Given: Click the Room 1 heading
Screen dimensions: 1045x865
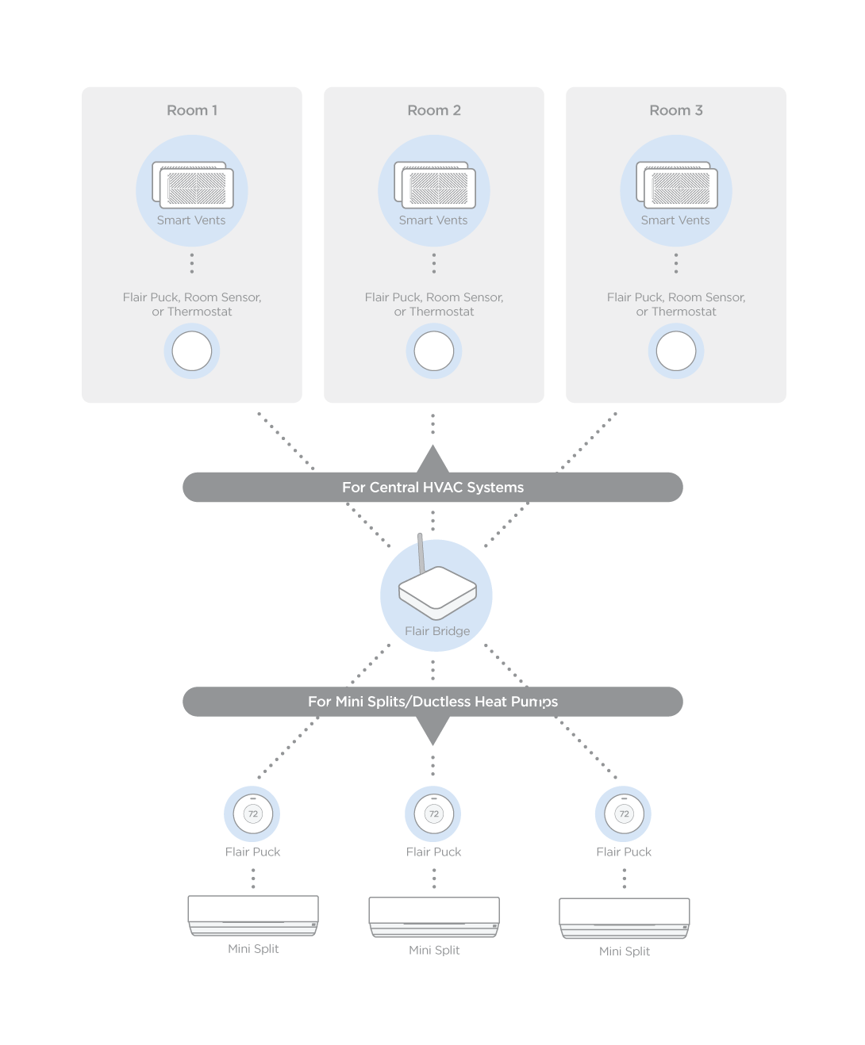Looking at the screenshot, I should (x=192, y=110).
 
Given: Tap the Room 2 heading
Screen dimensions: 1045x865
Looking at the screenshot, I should (x=434, y=110).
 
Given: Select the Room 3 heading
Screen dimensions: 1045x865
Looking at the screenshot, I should (x=676, y=110).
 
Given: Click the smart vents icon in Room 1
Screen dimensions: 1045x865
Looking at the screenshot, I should (x=193, y=186).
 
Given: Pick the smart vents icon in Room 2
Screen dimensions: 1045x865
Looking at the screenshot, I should (x=435, y=186).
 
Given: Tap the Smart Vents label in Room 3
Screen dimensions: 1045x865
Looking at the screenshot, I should (x=675, y=220).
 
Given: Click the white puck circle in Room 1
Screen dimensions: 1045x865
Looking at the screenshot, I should (x=192, y=351).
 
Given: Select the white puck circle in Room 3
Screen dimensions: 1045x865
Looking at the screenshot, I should (x=676, y=351).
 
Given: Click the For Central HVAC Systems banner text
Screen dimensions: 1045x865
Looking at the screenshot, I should (x=432, y=488).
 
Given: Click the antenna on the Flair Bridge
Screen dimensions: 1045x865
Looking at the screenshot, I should (x=421, y=551).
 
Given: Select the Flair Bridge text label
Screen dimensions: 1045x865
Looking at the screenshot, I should (x=437, y=631).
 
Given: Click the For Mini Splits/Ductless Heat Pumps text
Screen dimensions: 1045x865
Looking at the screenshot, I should (x=432, y=702).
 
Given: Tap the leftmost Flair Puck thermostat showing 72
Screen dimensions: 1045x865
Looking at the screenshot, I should (x=253, y=813).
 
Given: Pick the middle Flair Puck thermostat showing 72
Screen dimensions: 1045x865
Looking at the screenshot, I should (x=434, y=813).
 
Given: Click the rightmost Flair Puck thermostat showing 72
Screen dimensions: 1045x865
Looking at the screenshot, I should (x=625, y=813).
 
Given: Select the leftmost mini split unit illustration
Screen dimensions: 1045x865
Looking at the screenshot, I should (x=253, y=915).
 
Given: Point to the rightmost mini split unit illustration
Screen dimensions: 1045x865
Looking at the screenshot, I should (x=625, y=918).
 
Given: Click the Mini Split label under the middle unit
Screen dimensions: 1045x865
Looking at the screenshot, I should (x=434, y=950).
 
